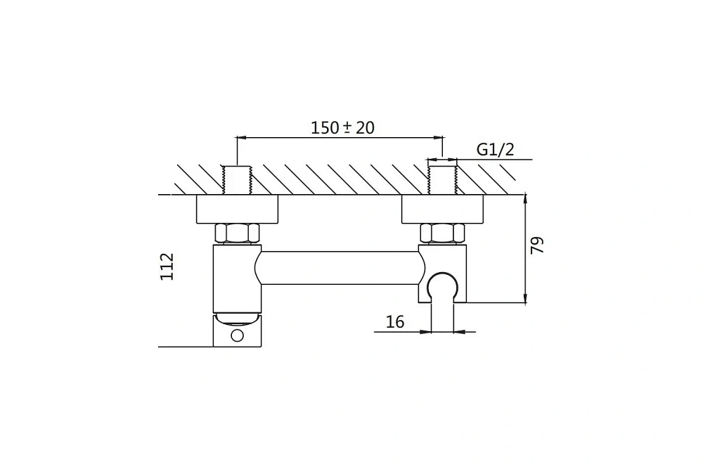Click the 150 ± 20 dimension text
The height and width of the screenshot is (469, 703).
(x=342, y=128)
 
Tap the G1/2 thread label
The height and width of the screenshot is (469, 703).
(x=495, y=149)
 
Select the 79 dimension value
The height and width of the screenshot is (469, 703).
(x=536, y=245)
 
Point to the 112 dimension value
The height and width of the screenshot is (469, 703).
(x=167, y=266)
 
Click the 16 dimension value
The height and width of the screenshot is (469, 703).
(x=395, y=321)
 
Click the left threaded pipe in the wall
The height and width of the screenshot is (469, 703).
(x=237, y=180)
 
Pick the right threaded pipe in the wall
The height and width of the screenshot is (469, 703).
(x=442, y=180)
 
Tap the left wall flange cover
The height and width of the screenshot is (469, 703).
(x=237, y=209)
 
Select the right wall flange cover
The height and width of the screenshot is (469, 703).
(x=442, y=209)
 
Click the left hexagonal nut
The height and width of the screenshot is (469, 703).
(x=237, y=233)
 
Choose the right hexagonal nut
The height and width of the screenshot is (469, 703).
(x=442, y=233)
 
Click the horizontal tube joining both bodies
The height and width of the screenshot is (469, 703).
(x=340, y=268)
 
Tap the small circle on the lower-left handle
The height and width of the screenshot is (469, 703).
(x=237, y=335)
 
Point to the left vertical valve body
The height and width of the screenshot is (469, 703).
(x=237, y=278)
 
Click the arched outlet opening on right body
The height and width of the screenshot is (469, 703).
(x=442, y=281)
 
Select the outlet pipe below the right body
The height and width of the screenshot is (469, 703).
(x=442, y=317)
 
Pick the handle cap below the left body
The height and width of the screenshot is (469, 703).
(x=237, y=330)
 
